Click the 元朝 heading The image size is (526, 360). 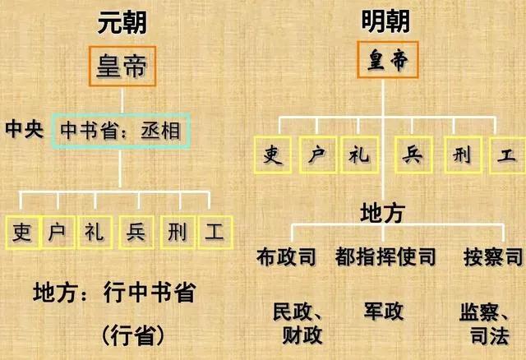pos(122,22)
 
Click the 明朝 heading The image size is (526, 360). pos(385,21)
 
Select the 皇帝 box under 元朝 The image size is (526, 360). pos(122,66)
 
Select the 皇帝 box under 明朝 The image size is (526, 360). pos(387,60)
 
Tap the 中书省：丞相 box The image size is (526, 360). pos(121,131)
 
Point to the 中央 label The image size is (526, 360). pos(24,129)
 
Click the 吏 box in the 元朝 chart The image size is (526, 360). pos(23,232)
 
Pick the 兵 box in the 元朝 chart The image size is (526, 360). pos(136,232)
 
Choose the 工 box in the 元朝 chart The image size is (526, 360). pos(215,232)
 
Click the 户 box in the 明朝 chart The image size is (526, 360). pos(318,155)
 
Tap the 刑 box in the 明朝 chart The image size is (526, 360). pos(464,155)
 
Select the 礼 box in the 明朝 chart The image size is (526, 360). pos(360,155)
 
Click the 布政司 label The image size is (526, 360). pos(286,257)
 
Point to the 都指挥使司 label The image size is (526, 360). pos(385,257)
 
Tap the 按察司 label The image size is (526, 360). pos(493,257)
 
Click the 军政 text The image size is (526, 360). pos(384,311)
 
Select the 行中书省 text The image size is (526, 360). pos(150,293)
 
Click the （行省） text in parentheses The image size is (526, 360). pos(133,335)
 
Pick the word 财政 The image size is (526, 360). pos(302,335)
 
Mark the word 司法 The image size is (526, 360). pos(490,335)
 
